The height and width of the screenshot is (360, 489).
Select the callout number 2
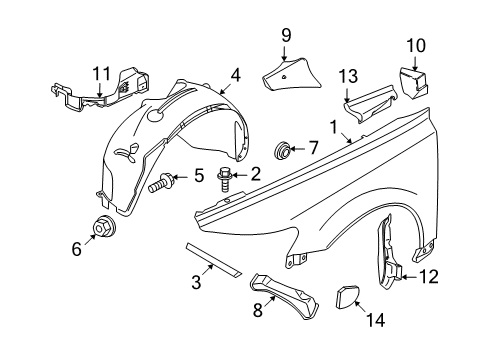255,174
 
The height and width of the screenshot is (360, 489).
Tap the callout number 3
196,283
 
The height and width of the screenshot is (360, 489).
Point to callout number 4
234,74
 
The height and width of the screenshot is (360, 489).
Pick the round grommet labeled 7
285,153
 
